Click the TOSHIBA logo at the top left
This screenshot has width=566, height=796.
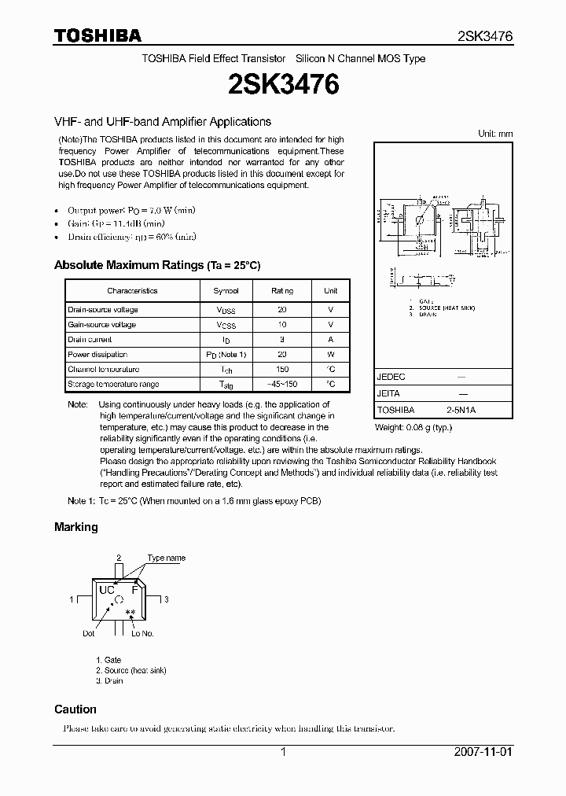coord(97,35)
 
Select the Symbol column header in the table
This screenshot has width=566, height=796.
coord(226,291)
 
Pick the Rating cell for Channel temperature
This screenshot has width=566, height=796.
coord(282,369)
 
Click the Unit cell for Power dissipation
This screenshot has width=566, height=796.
coord(331,354)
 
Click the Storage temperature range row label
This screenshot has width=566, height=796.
coord(113,384)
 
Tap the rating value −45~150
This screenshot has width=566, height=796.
coord(282,384)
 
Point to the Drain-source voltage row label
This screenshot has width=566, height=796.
coord(102,310)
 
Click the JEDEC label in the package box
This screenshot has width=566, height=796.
coord(391,377)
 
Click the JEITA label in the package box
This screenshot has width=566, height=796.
coord(389,393)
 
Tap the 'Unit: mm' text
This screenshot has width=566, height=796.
coord(495,134)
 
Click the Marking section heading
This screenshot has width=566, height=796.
coord(76,527)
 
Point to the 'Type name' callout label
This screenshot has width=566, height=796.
coord(167,558)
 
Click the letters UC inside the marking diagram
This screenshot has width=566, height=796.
coord(106,590)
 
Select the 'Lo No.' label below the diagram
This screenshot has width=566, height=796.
coord(142,633)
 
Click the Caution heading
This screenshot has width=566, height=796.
coord(75,709)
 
